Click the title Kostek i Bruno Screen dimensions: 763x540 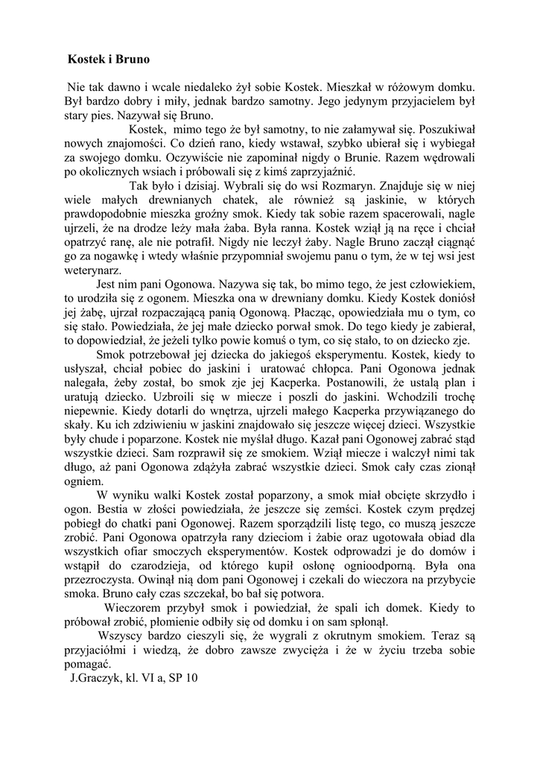click(109, 57)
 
